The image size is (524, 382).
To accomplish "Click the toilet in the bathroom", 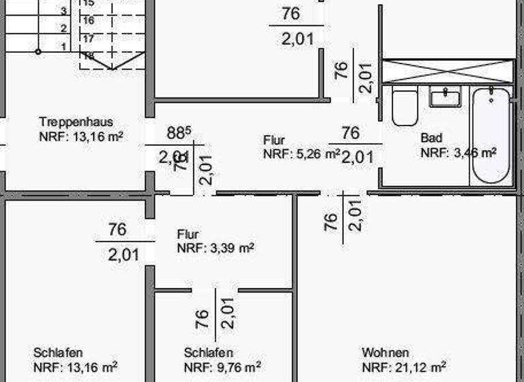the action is [405, 108].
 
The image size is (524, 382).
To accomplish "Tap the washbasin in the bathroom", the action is [446, 98].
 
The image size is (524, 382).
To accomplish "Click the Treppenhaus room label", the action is [76, 122].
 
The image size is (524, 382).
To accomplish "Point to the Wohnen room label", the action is [385, 353].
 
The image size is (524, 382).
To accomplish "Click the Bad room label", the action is [431, 138].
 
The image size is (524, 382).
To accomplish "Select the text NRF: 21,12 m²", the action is [404, 368].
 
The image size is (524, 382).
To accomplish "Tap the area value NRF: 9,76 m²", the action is [222, 368].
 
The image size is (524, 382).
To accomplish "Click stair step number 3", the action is [63, 11].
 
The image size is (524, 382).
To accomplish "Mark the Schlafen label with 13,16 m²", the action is [58, 353].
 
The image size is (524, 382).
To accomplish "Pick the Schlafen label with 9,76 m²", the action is [209, 353].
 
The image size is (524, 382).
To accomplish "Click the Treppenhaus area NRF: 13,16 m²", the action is [81, 136].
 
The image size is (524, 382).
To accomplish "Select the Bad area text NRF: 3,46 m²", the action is [458, 153].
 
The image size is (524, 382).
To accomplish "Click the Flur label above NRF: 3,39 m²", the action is [188, 234].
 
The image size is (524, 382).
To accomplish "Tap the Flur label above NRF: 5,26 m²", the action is [274, 141].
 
